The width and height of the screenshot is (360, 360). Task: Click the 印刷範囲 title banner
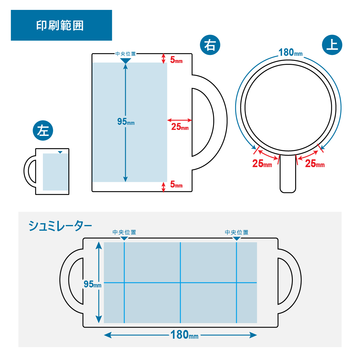click(61, 25)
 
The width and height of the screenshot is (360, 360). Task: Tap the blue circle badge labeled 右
click(210, 45)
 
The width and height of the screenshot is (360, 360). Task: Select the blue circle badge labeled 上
click(332, 45)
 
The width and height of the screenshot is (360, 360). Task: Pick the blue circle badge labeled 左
click(43, 130)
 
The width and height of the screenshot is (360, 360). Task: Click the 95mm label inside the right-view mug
click(126, 121)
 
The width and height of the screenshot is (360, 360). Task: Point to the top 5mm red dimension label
click(176, 60)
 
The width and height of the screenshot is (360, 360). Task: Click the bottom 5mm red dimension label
click(176, 184)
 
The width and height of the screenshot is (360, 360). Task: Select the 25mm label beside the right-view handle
click(180, 127)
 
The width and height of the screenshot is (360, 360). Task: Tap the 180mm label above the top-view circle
click(290, 53)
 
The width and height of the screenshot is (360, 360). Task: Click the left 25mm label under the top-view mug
click(262, 164)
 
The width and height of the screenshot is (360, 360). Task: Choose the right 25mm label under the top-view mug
click(315, 164)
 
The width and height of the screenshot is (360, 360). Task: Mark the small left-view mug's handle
click(29, 171)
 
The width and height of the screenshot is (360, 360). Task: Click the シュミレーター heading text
click(60, 226)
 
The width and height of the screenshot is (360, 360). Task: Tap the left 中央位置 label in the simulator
click(124, 232)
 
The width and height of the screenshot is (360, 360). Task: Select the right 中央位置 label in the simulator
click(237, 232)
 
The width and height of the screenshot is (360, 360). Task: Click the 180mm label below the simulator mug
click(184, 335)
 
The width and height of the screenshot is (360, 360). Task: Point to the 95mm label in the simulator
click(92, 284)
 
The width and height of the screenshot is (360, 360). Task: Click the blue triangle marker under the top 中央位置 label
click(125, 61)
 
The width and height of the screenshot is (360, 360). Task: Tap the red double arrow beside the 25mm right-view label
click(179, 120)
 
